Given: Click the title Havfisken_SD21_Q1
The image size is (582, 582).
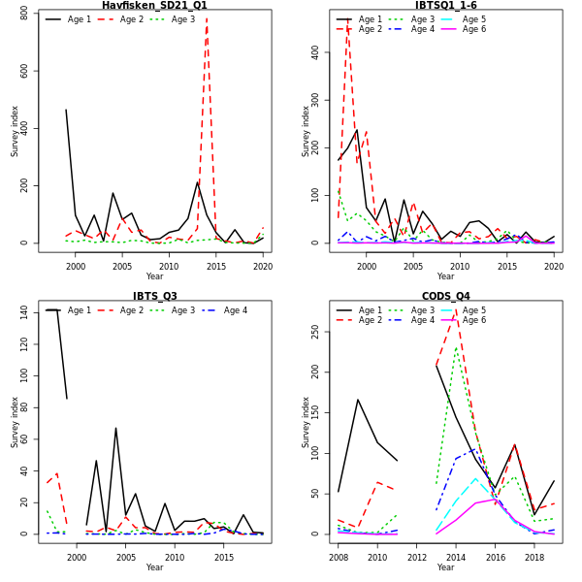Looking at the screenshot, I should pos(154,6).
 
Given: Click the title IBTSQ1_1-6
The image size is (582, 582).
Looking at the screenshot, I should pos(445,6).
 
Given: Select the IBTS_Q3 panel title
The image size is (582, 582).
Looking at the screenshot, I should pos(154,296).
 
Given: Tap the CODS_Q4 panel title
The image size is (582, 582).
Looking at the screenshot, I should pos(445,296).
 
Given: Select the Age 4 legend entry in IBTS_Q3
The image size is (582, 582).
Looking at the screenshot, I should pos(236,310).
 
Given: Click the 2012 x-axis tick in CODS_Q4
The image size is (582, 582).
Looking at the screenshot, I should pos(416,558).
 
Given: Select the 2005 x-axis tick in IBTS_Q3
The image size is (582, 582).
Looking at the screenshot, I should pos(125,558).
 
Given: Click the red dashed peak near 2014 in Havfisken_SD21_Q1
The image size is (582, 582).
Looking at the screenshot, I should pos(207,18).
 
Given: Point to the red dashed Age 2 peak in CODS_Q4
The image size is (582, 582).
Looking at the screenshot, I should pos(456,311).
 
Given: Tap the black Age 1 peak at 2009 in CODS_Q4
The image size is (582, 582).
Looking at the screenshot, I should pos(357,399).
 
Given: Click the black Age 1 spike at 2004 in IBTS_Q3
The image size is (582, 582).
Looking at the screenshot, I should pos(115,428).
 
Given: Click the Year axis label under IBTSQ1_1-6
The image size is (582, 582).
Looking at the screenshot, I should pos(445,276).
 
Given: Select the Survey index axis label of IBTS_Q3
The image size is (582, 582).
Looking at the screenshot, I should pos(15,421).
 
